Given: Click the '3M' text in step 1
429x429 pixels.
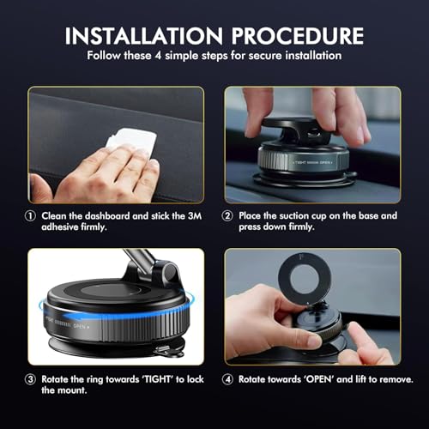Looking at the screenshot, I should [186, 214].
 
